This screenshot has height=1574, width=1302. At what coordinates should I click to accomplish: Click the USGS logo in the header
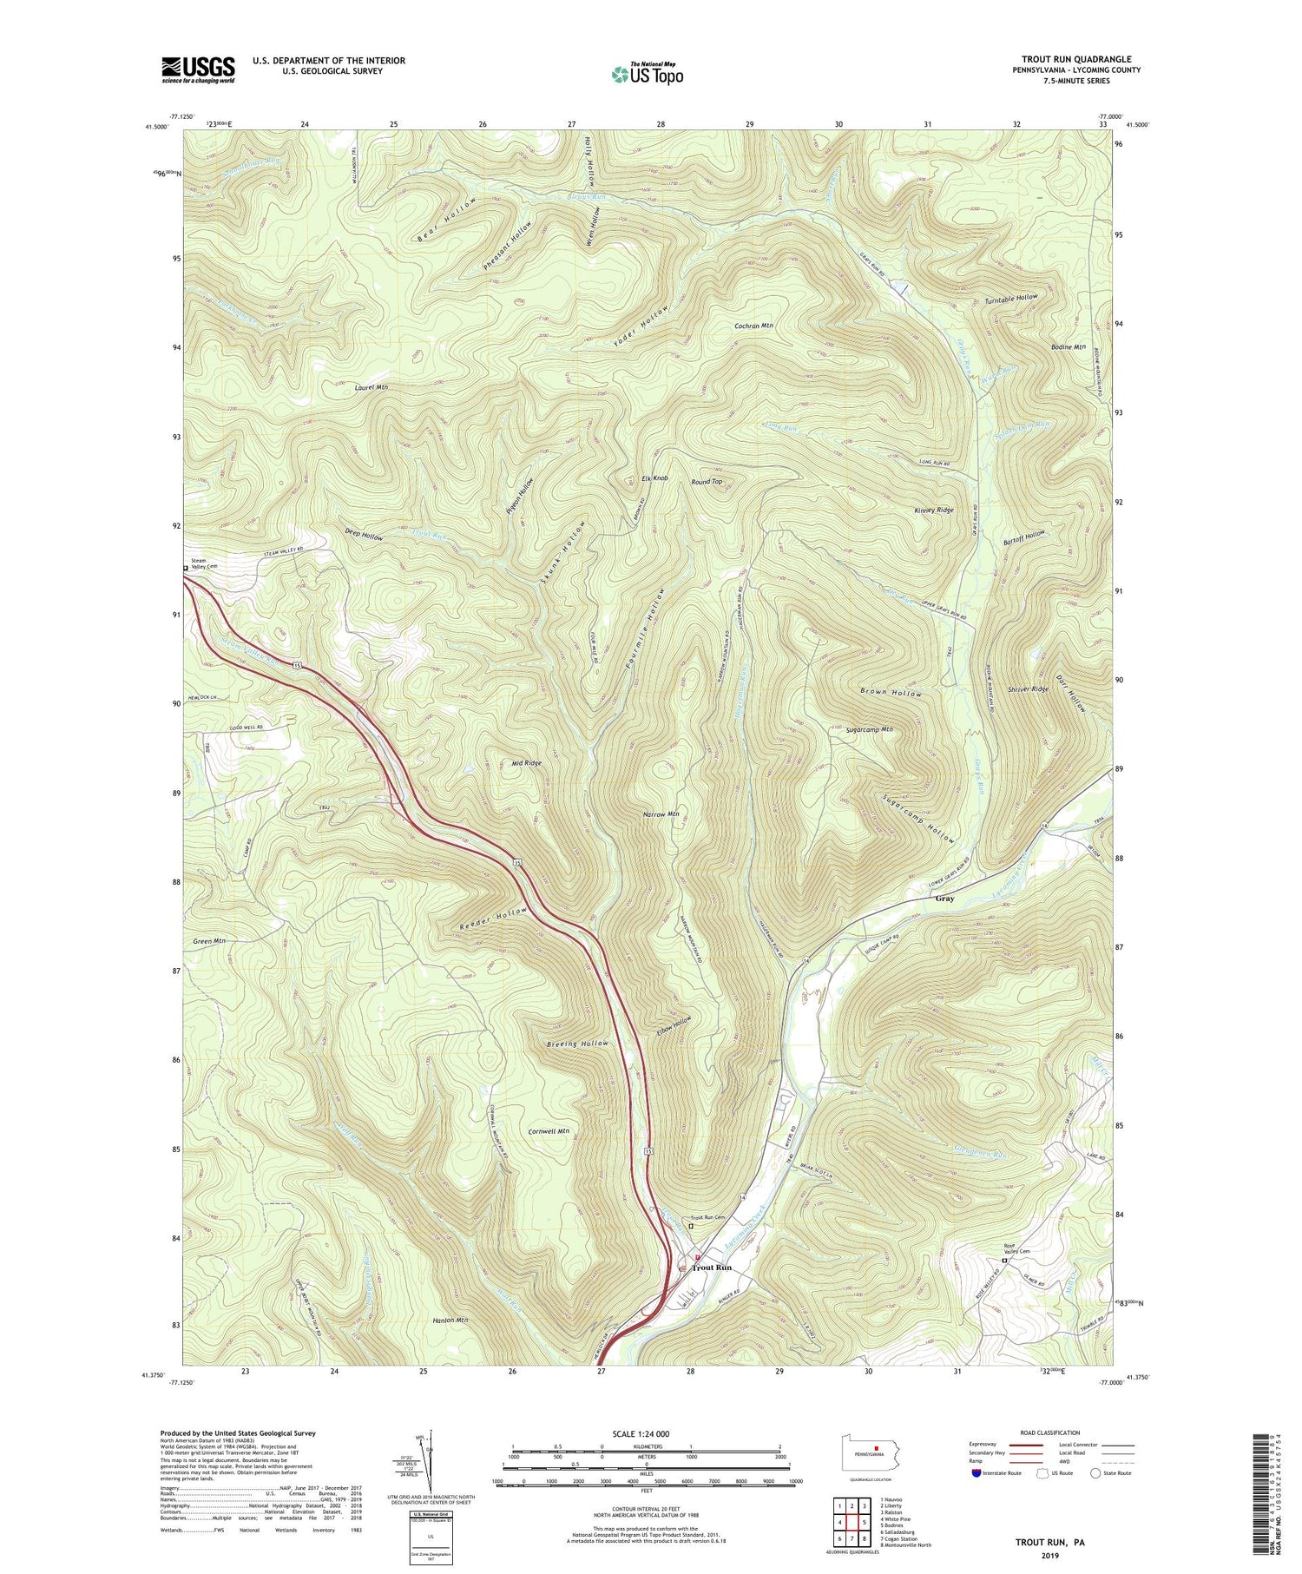coord(198,69)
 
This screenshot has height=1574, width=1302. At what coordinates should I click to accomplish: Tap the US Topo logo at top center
coord(647,75)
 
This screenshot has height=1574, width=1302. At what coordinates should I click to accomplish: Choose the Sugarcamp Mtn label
coord(869,730)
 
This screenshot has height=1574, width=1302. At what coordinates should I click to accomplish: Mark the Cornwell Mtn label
coord(549,1131)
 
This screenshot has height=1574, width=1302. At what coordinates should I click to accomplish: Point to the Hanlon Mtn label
coord(450,1320)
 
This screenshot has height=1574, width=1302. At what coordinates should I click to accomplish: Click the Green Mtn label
coord(210,941)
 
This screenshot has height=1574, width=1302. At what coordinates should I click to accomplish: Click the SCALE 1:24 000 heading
coord(646,1434)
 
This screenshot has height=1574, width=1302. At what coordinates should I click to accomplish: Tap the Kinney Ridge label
coord(933,510)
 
